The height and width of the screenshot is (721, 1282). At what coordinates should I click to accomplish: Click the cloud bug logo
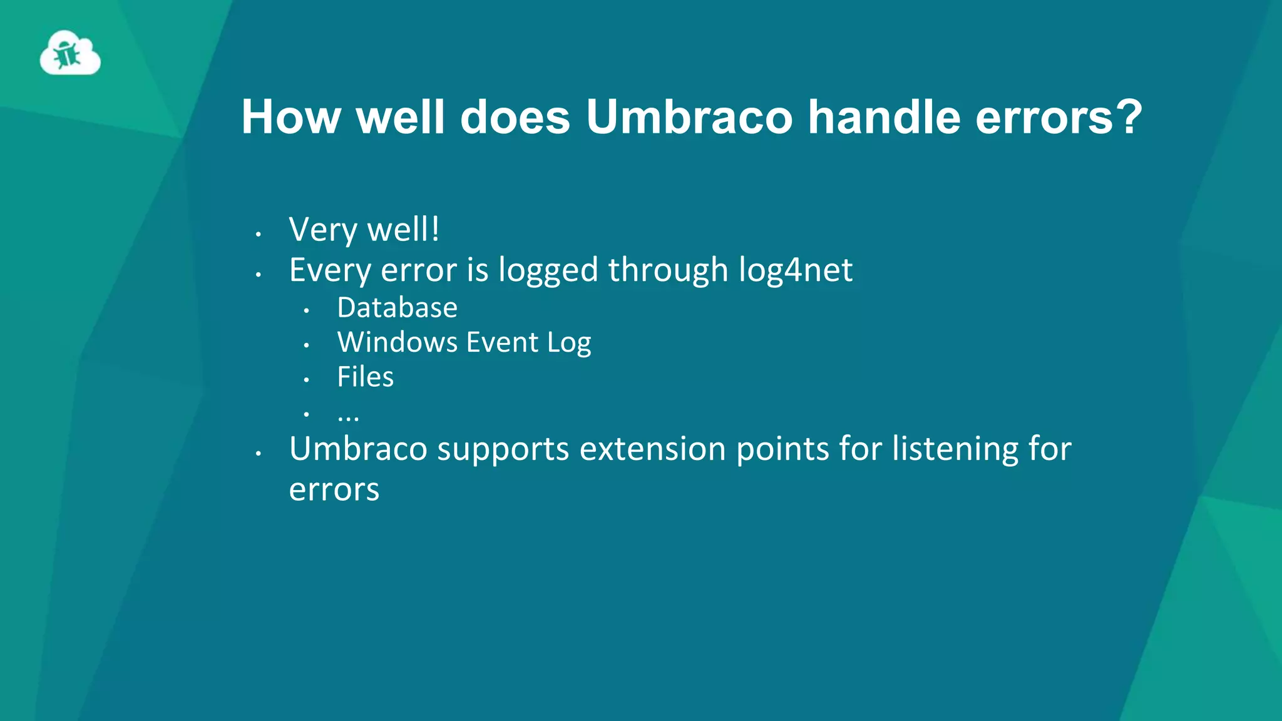tap(70, 54)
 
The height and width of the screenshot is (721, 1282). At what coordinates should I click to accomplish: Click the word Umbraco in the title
tap(689, 117)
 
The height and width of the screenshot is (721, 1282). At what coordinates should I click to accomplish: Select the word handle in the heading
tap(884, 117)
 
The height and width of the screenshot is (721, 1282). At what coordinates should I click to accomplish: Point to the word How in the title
tap(291, 117)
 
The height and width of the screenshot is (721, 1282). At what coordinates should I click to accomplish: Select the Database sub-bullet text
tap(397, 308)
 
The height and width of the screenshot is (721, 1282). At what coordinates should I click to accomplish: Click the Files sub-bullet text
tap(365, 377)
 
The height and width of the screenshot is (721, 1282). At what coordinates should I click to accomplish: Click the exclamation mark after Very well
tap(435, 229)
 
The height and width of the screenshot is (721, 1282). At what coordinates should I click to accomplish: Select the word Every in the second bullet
tap(330, 270)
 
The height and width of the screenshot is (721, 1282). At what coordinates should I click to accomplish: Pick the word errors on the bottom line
tap(334, 489)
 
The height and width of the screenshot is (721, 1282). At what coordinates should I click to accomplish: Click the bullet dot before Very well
tap(258, 235)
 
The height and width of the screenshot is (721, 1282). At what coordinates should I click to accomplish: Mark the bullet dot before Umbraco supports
tap(258, 454)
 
